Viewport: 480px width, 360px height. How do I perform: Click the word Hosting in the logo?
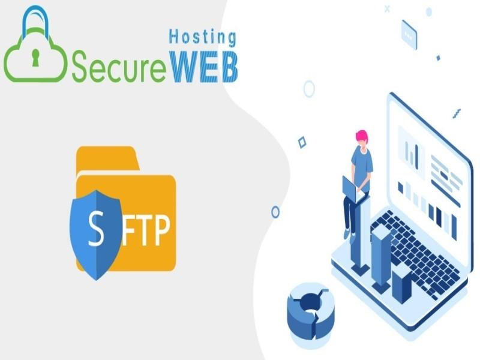203,37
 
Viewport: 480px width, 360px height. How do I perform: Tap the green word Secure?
119,67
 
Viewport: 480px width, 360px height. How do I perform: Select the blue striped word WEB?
204,67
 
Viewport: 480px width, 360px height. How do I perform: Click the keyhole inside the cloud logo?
35,58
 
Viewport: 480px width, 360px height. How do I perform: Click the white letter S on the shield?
96,229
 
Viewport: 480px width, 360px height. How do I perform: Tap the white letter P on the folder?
161,230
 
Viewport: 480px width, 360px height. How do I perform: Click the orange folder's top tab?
107,157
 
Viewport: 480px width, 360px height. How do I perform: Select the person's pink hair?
362,136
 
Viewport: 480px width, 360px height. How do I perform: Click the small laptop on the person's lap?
352,189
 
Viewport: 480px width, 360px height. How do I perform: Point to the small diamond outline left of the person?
302,143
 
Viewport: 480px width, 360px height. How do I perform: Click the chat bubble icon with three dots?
409,35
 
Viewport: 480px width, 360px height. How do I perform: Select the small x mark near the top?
387,9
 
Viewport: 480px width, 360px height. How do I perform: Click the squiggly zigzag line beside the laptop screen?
457,114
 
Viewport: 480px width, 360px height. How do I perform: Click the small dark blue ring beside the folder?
275,212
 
